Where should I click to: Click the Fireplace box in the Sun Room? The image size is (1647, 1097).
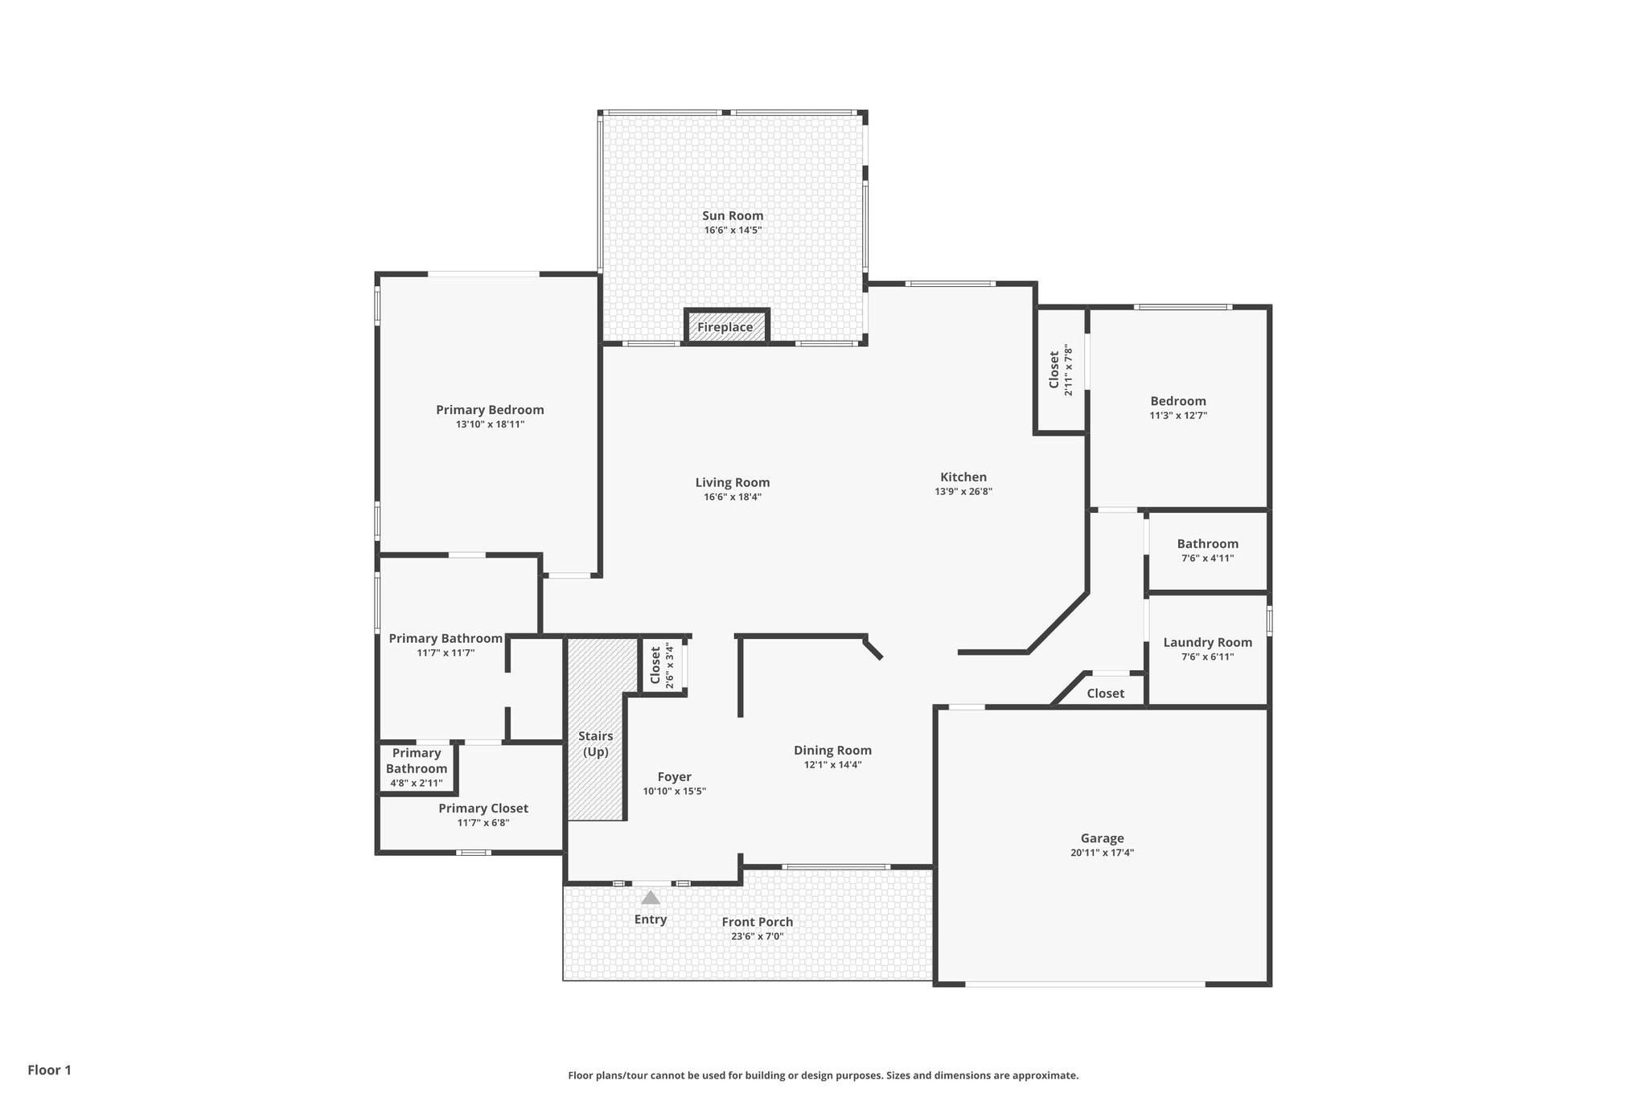pyautogui.click(x=726, y=326)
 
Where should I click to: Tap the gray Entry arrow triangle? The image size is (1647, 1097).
pyautogui.click(x=651, y=898)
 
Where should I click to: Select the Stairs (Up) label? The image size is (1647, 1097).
pyautogui.click(x=596, y=743)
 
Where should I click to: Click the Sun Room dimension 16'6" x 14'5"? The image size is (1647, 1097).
pyautogui.click(x=733, y=230)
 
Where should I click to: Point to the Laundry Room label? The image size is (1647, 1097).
pyautogui.click(x=1207, y=642)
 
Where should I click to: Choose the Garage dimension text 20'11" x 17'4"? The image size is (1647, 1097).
pyautogui.click(x=1102, y=853)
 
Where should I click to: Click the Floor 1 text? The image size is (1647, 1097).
pyautogui.click(x=50, y=1070)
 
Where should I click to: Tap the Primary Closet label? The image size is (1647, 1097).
pyautogui.click(x=483, y=808)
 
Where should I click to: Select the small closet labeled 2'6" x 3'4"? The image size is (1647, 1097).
pyautogui.click(x=662, y=665)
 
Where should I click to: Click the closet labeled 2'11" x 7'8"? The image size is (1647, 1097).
pyautogui.click(x=1060, y=370)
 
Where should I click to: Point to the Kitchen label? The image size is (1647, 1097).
pyautogui.click(x=963, y=477)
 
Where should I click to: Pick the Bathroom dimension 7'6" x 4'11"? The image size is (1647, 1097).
pyautogui.click(x=1207, y=558)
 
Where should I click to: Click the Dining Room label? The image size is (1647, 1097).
pyautogui.click(x=832, y=750)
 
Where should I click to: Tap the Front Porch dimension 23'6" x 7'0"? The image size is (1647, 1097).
pyautogui.click(x=757, y=936)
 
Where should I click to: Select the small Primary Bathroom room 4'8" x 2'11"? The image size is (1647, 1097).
pyautogui.click(x=417, y=767)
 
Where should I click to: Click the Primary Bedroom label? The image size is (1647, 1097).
pyautogui.click(x=490, y=410)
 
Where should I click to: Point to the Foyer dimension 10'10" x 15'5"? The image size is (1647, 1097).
pyautogui.click(x=674, y=791)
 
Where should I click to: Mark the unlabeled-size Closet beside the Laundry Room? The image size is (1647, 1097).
pyautogui.click(x=1105, y=693)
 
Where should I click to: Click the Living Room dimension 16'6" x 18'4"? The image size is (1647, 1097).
pyautogui.click(x=733, y=497)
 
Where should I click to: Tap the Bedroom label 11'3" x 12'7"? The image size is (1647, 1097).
pyautogui.click(x=1178, y=401)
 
